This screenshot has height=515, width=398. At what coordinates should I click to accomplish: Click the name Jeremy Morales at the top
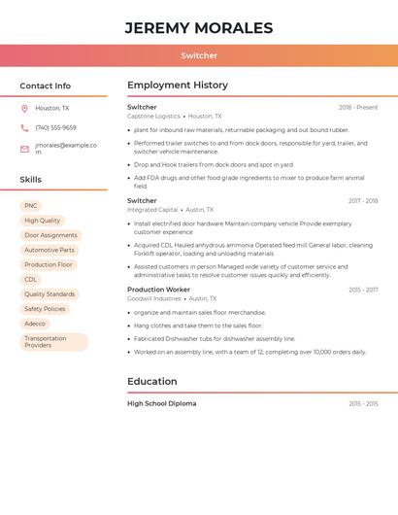click(x=199, y=28)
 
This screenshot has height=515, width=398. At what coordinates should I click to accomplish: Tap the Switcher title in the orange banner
click(x=199, y=55)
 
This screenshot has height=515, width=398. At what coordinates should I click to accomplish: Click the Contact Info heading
click(x=45, y=86)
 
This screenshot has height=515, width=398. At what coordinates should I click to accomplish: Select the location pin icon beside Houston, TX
click(x=24, y=109)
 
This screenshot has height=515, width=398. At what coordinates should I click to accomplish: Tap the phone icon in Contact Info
click(x=24, y=127)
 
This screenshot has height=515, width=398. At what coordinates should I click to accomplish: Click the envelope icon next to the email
click(x=24, y=148)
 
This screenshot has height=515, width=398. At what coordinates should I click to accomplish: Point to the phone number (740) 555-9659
click(x=55, y=127)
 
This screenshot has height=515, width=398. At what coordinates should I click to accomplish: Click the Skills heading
click(x=30, y=180)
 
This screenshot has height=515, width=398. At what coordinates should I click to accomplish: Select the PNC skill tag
click(x=31, y=206)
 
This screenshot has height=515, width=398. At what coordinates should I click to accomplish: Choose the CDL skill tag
click(x=31, y=279)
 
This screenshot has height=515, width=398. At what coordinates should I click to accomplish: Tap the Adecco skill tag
click(x=35, y=324)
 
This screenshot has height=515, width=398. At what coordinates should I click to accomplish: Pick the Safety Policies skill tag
click(x=45, y=309)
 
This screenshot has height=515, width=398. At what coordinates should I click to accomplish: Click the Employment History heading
click(x=178, y=86)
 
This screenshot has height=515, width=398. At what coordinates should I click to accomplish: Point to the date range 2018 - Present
click(x=358, y=107)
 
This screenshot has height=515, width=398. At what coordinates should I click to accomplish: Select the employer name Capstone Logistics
click(x=153, y=116)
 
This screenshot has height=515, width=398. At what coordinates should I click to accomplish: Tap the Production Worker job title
click(x=158, y=290)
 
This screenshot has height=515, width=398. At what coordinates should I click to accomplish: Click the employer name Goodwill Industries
click(x=153, y=298)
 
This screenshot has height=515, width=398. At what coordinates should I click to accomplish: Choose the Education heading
click(x=152, y=382)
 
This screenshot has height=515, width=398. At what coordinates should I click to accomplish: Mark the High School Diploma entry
click(x=161, y=403)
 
